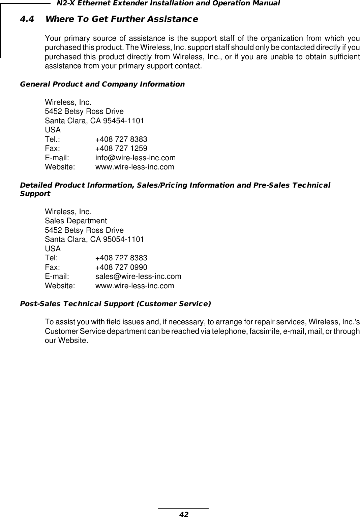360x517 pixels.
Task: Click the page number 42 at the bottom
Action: point(183,514)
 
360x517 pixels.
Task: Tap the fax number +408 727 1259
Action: point(121,149)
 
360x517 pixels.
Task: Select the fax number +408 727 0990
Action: point(121,267)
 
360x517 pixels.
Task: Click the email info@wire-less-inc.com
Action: point(135,158)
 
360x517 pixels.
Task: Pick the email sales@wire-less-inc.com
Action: point(138,277)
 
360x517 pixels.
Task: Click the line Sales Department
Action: point(76,221)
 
